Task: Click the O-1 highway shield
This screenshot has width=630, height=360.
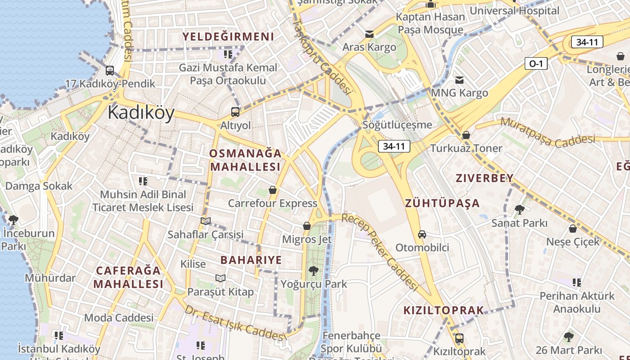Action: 535,63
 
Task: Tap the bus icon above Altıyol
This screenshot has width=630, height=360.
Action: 235,112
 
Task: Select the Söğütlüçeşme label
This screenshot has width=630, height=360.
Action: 397,125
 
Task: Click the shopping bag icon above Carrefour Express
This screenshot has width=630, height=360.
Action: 272,190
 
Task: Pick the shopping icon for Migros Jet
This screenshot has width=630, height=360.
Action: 307,226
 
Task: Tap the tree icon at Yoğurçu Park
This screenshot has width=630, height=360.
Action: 313,271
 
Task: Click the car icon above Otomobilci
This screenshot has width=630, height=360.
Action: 422,234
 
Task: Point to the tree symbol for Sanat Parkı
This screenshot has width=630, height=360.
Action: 519,209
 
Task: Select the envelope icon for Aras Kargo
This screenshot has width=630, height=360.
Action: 369,34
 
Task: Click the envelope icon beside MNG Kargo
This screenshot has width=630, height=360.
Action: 459,80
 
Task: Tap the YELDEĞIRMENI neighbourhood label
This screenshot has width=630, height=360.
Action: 228,36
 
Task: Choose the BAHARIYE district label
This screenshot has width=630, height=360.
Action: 251,260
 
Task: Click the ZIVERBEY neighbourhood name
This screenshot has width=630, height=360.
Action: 484,178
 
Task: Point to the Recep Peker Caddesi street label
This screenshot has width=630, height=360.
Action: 380,252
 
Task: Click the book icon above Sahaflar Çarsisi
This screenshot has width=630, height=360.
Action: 206,221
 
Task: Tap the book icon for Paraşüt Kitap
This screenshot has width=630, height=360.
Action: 220,278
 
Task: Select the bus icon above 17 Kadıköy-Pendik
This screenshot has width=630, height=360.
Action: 109,71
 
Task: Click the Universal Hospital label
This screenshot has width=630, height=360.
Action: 514,10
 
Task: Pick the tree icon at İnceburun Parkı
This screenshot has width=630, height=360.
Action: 13,220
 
